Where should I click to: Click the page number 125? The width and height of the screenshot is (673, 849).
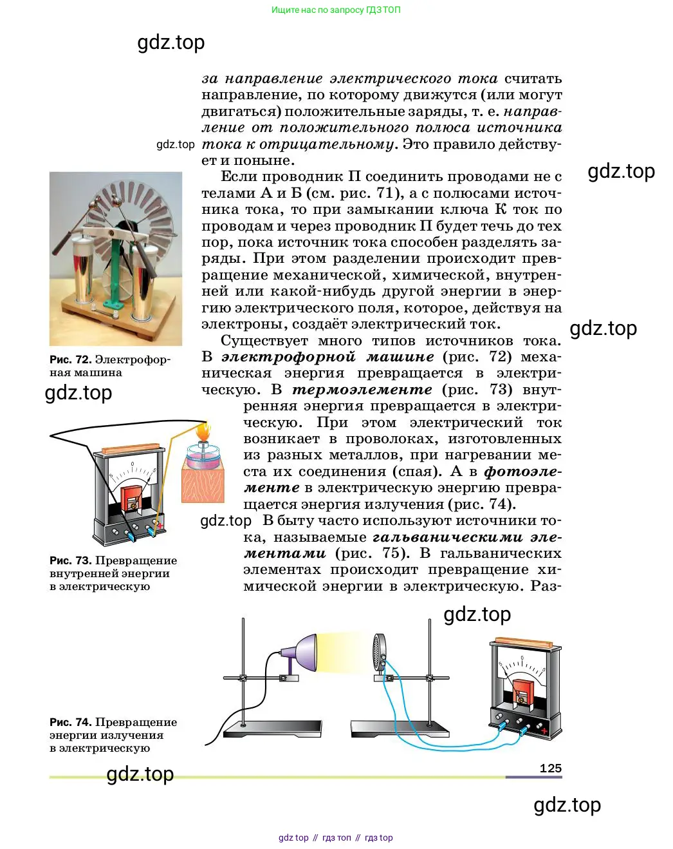coord(550,768)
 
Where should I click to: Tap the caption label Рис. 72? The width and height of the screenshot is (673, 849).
coord(70,360)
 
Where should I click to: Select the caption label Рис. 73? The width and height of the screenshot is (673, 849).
coord(70,560)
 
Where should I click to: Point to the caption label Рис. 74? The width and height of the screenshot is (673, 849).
coord(70,722)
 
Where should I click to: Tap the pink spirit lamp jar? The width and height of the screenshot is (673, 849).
coord(203,456)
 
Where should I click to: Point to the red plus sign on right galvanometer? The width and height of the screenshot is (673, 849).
coord(545,730)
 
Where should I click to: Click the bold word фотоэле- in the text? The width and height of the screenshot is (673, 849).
coord(522,472)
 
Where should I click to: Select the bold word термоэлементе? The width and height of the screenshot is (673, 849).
coord(362,390)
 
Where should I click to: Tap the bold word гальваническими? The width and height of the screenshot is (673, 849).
coord(448,537)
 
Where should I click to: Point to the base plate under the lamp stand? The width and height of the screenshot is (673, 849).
coord(272,729)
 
